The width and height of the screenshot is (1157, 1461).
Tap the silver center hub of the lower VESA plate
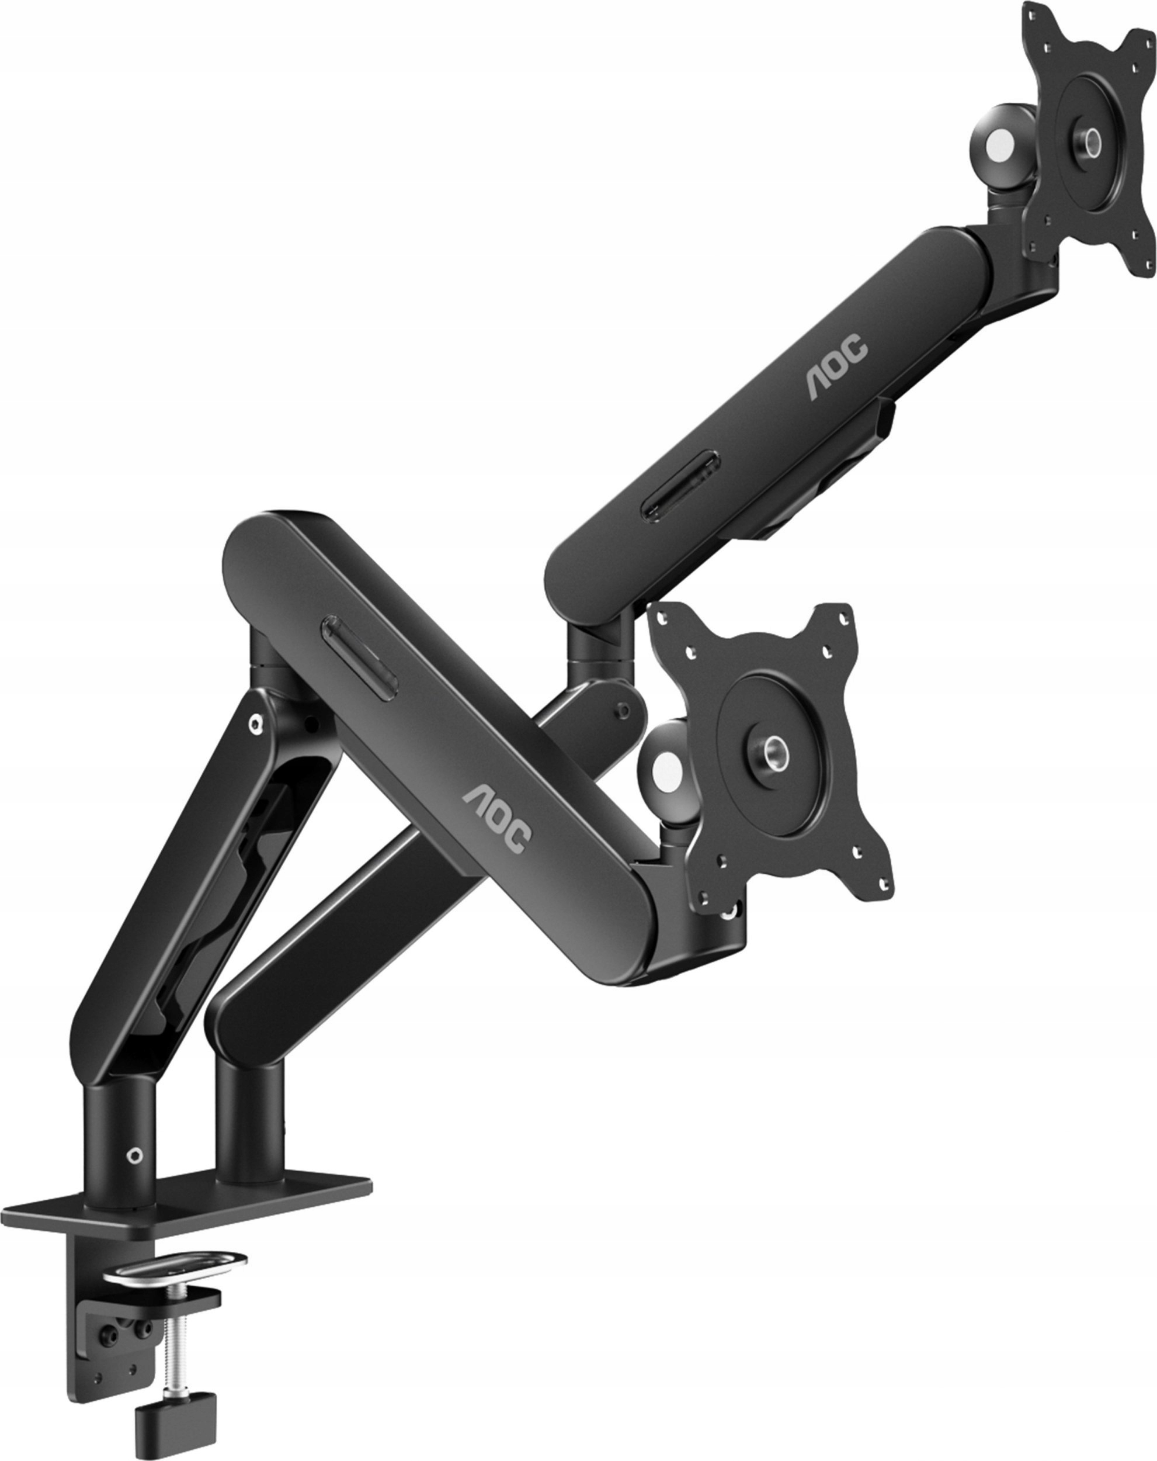click(x=772, y=751)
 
